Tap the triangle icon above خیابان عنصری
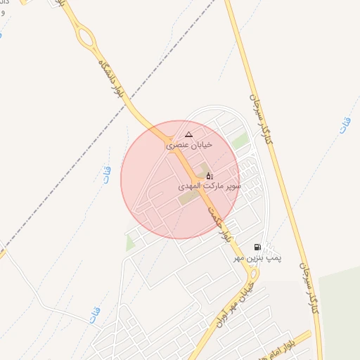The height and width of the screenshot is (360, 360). (x=188, y=134)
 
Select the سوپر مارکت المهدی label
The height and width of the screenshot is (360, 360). (x=210, y=187)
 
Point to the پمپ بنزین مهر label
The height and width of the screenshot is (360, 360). (x=258, y=258)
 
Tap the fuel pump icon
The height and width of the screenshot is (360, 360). (x=257, y=247)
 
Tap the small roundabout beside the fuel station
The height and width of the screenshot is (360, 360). (x=252, y=271)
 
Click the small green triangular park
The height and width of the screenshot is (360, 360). (x=129, y=243)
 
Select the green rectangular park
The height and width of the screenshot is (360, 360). (x=241, y=141)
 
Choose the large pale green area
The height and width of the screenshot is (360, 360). (x=341, y=316)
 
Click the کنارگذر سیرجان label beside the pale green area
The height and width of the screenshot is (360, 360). (x=310, y=288)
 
